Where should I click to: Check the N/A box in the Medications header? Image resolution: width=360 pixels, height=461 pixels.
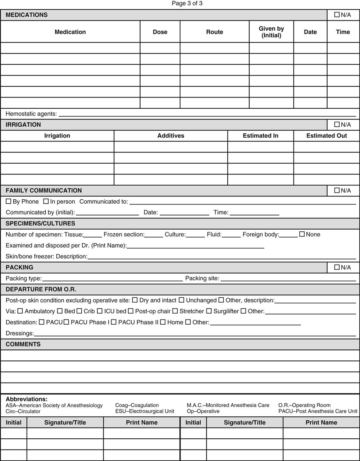(x=337, y=15)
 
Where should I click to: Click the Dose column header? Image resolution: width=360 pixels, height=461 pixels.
(x=160, y=32)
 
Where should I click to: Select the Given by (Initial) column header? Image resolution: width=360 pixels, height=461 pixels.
(x=271, y=32)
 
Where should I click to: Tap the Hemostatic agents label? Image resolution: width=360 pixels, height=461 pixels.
(x=31, y=114)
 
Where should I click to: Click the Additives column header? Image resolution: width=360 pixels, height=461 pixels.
(x=171, y=136)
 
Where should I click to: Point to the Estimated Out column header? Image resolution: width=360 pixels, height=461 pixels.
(x=327, y=136)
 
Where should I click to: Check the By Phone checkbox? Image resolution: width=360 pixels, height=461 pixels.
(x=9, y=202)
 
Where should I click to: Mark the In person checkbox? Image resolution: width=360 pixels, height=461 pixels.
(x=46, y=202)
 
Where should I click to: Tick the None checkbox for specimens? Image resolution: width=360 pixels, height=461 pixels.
(x=302, y=234)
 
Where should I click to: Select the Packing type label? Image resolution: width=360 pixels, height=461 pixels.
(x=24, y=278)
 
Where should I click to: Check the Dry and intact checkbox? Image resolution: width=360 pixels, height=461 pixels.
(x=135, y=300)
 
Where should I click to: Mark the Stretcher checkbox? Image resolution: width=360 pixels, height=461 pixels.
(x=175, y=311)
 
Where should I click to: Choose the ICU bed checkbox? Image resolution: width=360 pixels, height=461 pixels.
(x=100, y=311)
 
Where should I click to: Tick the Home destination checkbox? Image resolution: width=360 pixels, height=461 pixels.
(x=163, y=322)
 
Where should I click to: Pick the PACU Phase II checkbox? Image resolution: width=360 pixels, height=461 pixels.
(x=114, y=322)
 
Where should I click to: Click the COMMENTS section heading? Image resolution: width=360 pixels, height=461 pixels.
(x=23, y=344)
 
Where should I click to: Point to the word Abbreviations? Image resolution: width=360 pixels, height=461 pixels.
(x=27, y=399)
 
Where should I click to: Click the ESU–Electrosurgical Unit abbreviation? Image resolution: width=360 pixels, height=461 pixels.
(x=145, y=411)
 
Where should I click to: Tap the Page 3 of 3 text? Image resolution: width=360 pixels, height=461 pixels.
(x=187, y=4)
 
